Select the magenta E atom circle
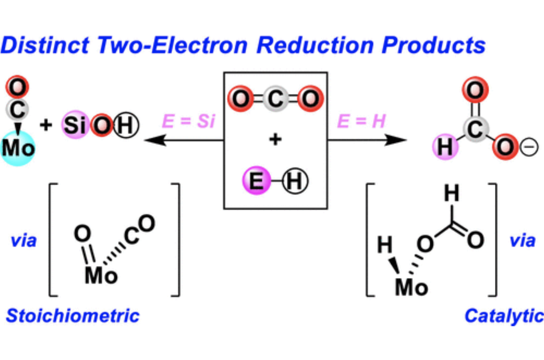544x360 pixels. click(x=256, y=180)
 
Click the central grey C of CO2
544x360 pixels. click(x=275, y=98)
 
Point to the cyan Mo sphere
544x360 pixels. click(x=18, y=148)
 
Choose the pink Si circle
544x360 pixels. click(x=75, y=125)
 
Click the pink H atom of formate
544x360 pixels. click(x=445, y=146)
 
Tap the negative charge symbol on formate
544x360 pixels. click(x=529, y=147)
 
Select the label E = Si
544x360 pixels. click(x=189, y=121)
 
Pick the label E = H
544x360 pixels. click(x=361, y=121)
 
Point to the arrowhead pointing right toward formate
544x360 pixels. click(x=396, y=140)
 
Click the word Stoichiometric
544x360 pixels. click(x=73, y=316)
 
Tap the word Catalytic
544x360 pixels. click(x=504, y=316)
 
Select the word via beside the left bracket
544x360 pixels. click(x=24, y=241)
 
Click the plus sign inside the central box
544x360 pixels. click(x=275, y=140)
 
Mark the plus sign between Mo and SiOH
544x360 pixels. click(x=46, y=125)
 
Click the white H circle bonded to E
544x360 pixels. click(x=295, y=181)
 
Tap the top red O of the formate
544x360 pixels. click(x=475, y=90)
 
